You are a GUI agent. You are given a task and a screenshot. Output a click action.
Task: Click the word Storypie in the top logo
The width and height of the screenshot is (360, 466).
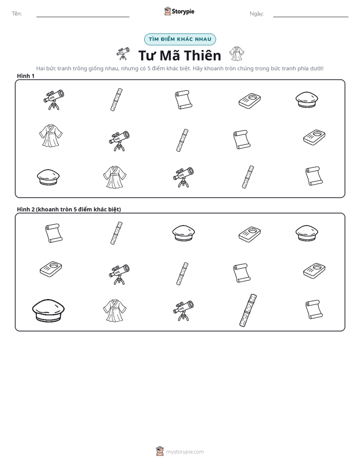[x=183, y=12]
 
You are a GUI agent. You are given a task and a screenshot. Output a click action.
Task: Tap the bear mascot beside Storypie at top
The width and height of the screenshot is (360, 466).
[x=167, y=11]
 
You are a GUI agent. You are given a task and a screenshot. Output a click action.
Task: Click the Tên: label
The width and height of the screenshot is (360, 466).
[x=17, y=14]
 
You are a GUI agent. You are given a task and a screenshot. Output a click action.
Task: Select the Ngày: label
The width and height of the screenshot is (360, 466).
[x=257, y=14]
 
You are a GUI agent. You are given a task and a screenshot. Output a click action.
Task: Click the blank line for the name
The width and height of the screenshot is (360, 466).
[x=83, y=17]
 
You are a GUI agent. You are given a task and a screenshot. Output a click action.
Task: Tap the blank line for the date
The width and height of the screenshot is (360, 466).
[x=311, y=17]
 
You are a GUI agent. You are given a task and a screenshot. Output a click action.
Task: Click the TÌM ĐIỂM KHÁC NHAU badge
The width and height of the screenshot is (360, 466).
[x=180, y=39]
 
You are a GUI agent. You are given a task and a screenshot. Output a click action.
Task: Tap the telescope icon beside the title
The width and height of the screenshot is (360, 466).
[x=123, y=54]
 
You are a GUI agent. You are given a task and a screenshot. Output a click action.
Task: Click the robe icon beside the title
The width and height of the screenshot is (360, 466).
[x=237, y=54]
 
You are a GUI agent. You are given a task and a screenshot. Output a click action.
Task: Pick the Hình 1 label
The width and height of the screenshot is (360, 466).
[x=26, y=76]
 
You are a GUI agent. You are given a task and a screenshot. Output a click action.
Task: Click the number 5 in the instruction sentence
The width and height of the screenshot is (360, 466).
[x=149, y=69]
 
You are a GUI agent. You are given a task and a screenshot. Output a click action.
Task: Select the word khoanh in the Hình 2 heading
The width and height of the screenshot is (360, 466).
[x=47, y=209]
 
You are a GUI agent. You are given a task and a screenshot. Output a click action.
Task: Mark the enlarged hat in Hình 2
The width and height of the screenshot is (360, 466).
[x=48, y=310]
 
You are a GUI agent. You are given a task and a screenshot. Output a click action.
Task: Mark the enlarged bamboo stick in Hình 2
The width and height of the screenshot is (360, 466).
[x=248, y=311]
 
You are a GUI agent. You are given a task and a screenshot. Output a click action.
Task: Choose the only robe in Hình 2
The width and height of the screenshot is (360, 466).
[x=114, y=311]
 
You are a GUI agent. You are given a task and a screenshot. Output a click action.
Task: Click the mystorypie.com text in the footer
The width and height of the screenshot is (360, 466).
[x=185, y=452]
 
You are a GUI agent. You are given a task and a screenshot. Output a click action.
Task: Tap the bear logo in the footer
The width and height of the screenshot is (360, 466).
[x=160, y=451]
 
